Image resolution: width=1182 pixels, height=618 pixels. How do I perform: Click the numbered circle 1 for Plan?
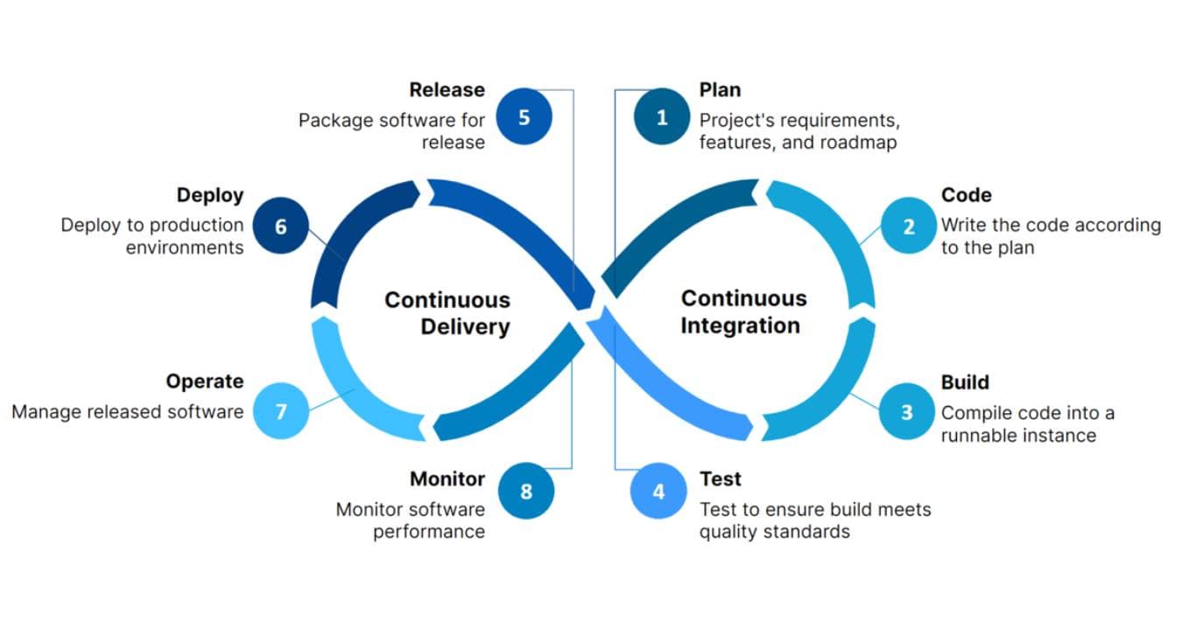[x=662, y=117]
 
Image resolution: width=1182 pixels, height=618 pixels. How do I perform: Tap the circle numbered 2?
[x=908, y=227]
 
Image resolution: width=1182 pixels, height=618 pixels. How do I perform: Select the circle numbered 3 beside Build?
[x=906, y=412]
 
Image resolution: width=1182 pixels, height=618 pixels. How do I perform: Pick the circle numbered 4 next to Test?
[x=658, y=492]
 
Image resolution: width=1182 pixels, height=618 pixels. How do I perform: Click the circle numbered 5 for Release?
[x=524, y=117]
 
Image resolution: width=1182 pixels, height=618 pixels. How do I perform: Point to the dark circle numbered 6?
[x=280, y=227]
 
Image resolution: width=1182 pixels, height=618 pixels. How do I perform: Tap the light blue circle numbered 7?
[x=280, y=411]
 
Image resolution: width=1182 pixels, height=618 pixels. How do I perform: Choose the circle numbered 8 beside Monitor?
[x=526, y=492]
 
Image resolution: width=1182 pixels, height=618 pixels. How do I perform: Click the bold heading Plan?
[x=720, y=90]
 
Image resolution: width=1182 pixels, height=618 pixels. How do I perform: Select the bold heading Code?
[x=967, y=195]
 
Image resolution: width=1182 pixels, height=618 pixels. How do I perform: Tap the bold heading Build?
[x=965, y=383]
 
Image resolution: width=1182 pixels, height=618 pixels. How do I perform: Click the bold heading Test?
[x=720, y=479]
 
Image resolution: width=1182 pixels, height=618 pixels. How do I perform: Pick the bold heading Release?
[x=447, y=90]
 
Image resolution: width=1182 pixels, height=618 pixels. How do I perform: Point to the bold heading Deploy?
[x=210, y=195]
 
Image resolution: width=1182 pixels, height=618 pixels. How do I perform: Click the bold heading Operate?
[x=205, y=382]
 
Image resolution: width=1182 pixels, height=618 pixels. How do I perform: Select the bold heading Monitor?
[x=447, y=479]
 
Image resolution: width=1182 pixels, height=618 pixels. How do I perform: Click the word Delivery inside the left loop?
[x=465, y=327]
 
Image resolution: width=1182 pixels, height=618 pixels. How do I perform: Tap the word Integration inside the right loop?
[x=741, y=326]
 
